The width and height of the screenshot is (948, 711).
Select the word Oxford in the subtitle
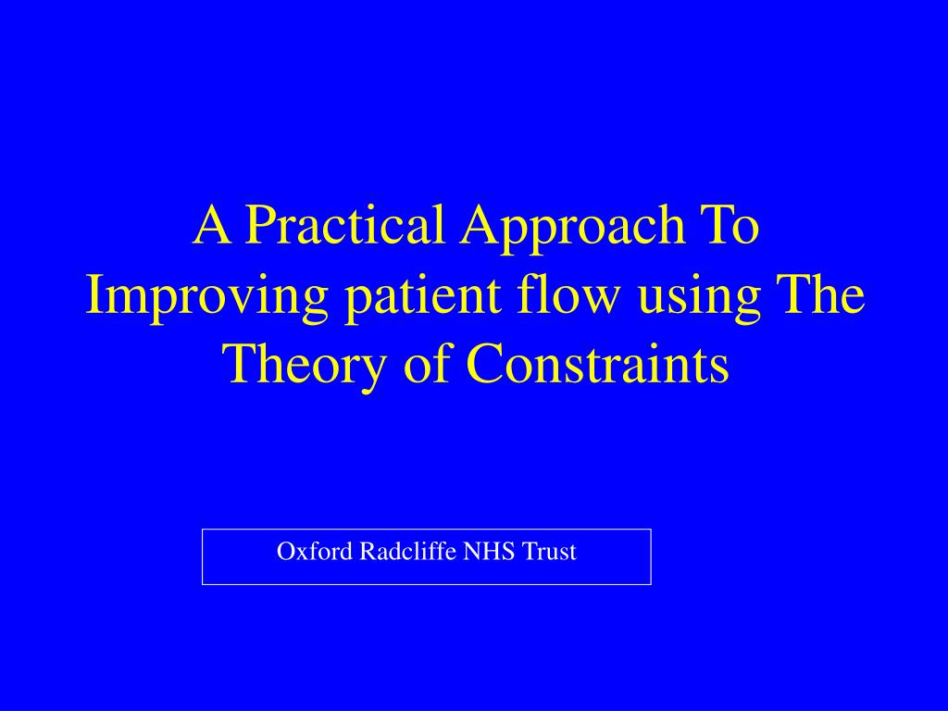click(315, 552)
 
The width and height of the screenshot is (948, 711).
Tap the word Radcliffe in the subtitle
click(408, 551)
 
